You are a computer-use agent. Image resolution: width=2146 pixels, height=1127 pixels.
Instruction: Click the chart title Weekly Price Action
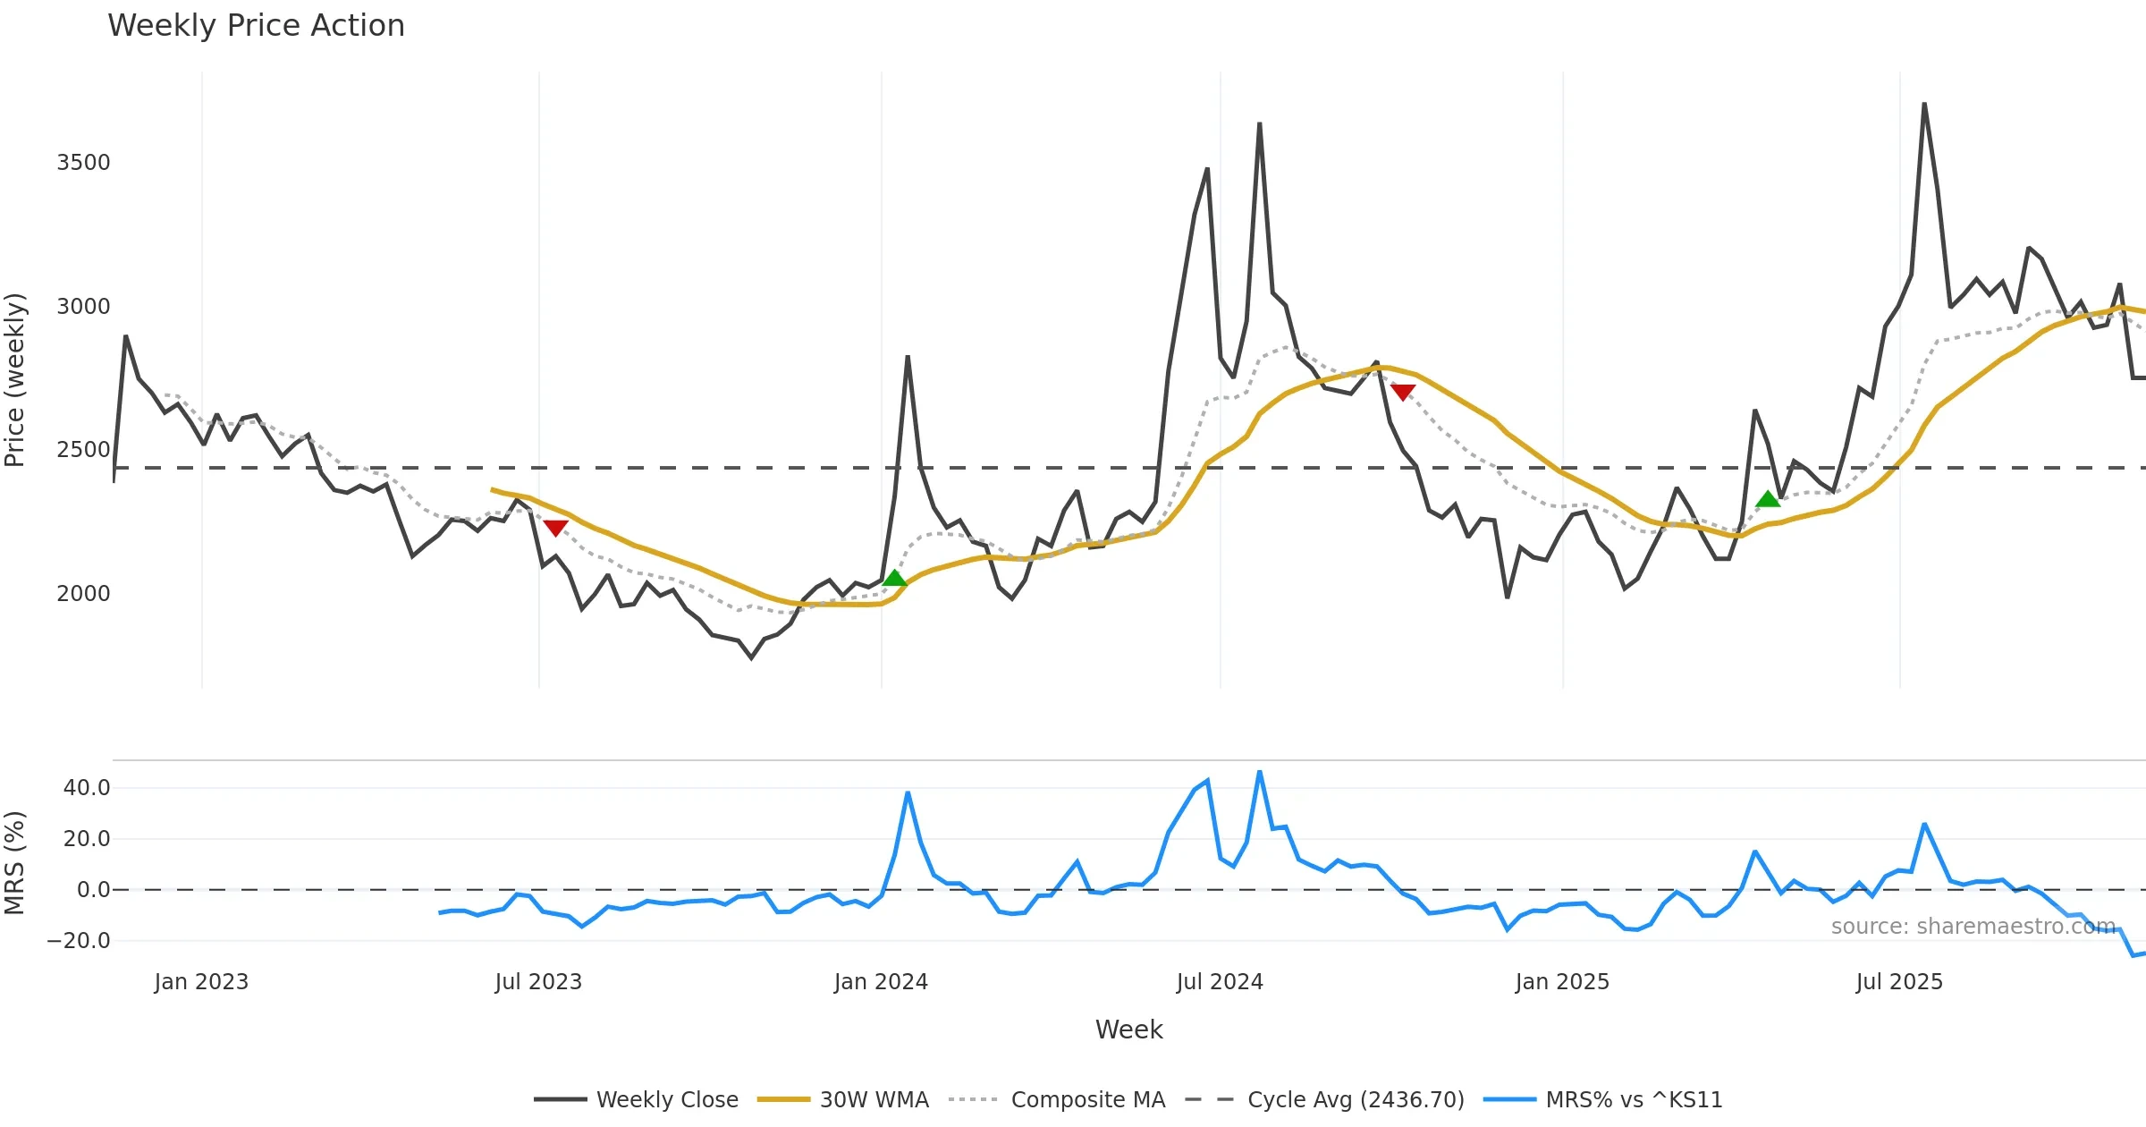[256, 26]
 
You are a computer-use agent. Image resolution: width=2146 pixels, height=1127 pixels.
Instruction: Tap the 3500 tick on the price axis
[83, 163]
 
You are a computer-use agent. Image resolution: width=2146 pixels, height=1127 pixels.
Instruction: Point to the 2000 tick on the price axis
[83, 594]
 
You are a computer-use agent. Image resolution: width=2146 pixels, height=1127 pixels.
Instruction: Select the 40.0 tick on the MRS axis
[87, 788]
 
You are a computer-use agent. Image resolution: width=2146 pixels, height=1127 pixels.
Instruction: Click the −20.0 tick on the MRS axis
[79, 941]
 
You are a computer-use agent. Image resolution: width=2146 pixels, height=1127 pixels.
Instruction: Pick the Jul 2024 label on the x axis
[1220, 982]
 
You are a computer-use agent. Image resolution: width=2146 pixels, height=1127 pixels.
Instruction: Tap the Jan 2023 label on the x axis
[201, 982]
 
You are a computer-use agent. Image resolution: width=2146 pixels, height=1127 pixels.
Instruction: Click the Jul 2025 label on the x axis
[1899, 982]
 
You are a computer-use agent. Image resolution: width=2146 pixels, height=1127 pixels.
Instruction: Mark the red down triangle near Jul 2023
[555, 528]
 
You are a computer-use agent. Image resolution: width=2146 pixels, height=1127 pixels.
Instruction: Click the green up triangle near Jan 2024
[894, 578]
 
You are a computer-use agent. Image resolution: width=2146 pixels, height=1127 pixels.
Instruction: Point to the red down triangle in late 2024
[1403, 392]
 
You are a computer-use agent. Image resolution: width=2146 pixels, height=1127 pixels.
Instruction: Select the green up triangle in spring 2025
[1768, 499]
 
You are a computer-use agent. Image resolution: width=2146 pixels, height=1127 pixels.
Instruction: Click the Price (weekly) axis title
[15, 380]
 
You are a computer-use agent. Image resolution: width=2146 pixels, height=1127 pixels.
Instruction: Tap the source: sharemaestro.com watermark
[1973, 927]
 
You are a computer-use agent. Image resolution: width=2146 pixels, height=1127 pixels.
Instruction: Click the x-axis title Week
[1128, 1030]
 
